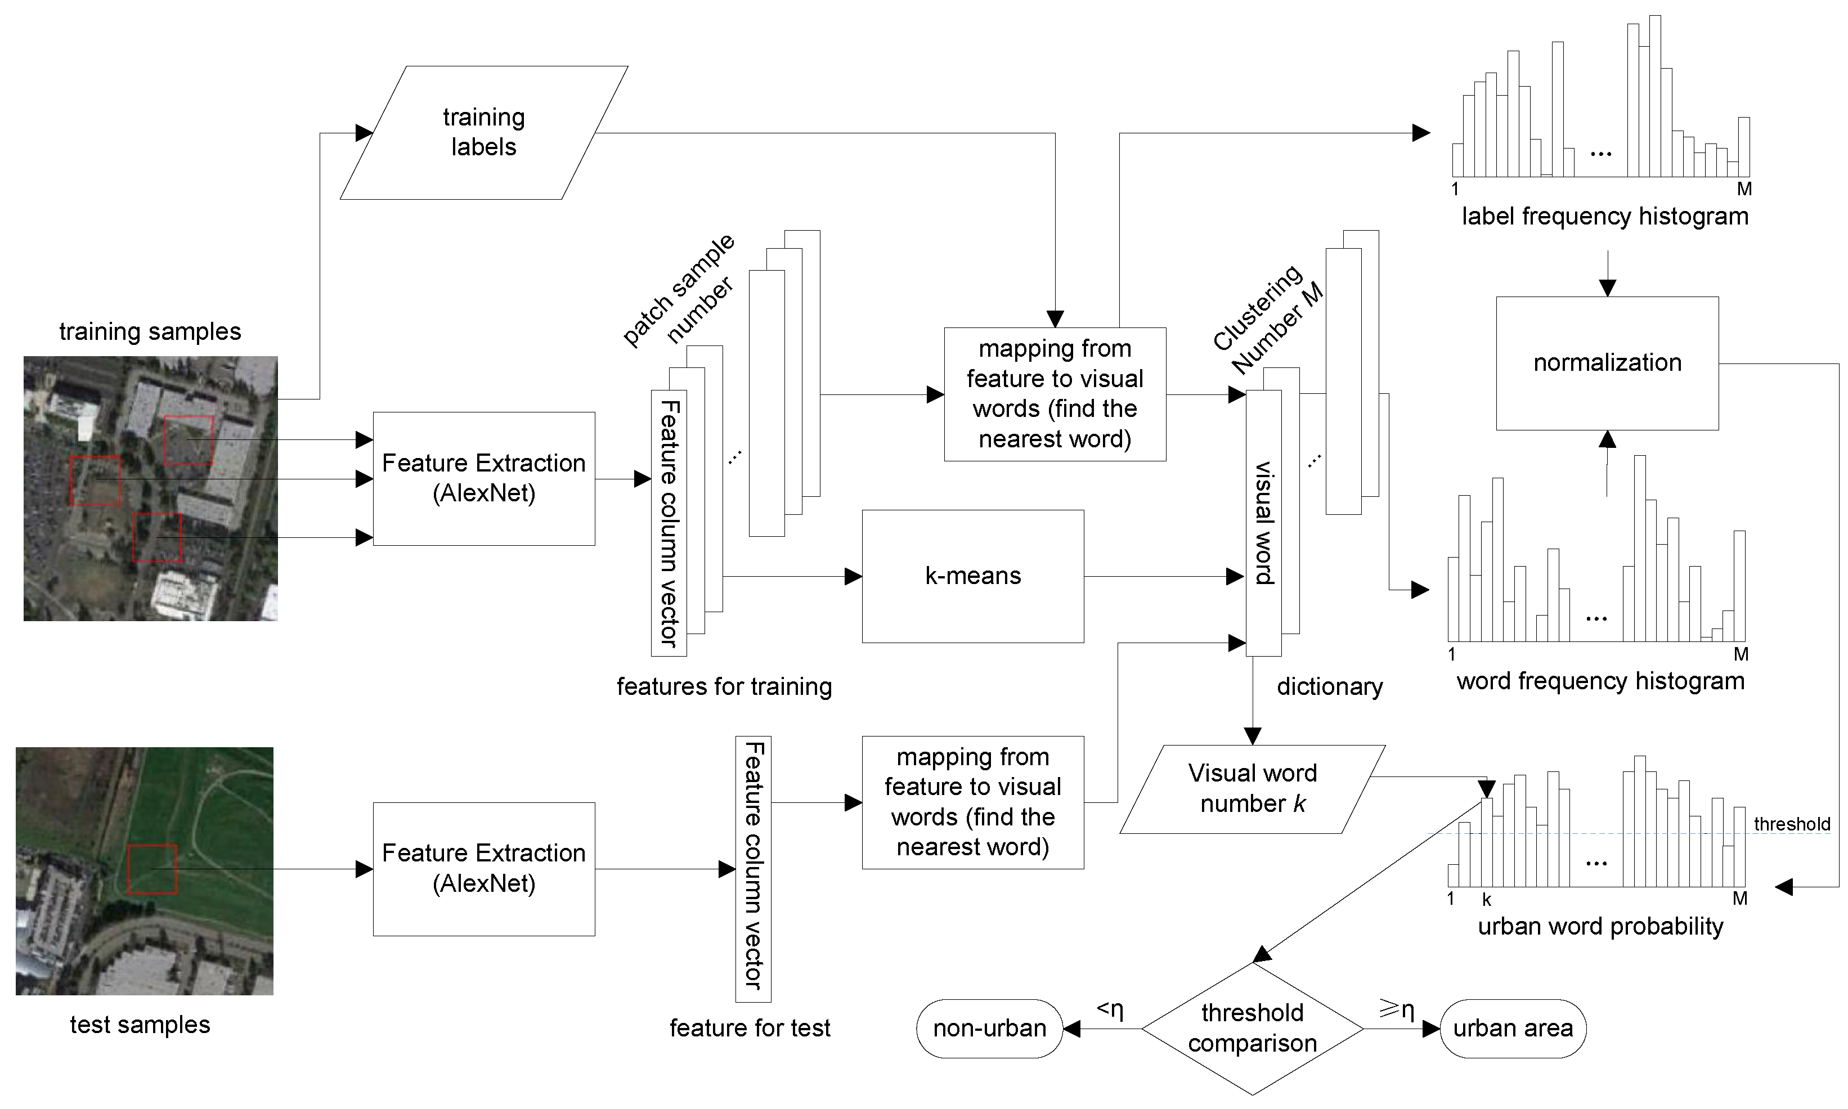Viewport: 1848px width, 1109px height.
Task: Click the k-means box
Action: tap(972, 576)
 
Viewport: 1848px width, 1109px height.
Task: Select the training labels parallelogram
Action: tap(483, 132)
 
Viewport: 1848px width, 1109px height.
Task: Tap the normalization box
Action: tap(1607, 363)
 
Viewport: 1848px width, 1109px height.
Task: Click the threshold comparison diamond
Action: tap(1253, 1029)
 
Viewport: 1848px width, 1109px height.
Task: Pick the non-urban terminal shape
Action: tap(989, 1029)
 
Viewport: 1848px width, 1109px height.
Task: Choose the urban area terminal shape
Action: tap(1513, 1029)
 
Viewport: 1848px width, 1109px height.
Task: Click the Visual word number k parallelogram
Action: tap(1253, 788)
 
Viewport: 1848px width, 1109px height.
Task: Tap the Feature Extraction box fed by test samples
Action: tap(483, 868)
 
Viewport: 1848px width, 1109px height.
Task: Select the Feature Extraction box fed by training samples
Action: tap(483, 478)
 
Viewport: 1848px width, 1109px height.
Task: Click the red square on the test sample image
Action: tap(152, 869)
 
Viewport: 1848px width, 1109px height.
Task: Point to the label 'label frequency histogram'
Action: tap(1604, 217)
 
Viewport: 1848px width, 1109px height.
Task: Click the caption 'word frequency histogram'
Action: tap(1600, 681)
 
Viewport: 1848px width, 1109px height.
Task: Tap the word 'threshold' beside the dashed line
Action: tap(1791, 824)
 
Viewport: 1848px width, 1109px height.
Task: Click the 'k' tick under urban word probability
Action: tap(1486, 900)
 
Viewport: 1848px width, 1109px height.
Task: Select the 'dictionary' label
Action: tap(1329, 687)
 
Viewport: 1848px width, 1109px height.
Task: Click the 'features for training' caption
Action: tap(723, 687)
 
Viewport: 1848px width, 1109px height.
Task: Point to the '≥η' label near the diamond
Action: tap(1397, 1009)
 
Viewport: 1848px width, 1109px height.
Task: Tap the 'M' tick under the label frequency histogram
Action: tap(1744, 190)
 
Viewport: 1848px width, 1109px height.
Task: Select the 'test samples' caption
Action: tap(140, 1025)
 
